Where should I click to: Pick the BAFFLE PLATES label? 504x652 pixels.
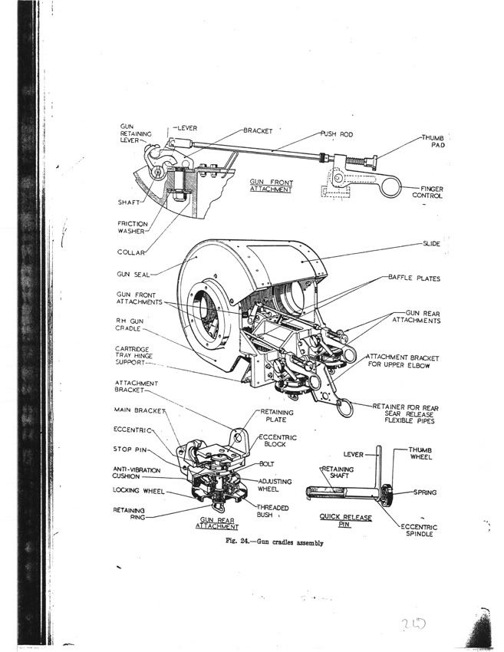pyautogui.click(x=415, y=278)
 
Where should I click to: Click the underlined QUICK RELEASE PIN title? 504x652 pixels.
pyautogui.click(x=346, y=521)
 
